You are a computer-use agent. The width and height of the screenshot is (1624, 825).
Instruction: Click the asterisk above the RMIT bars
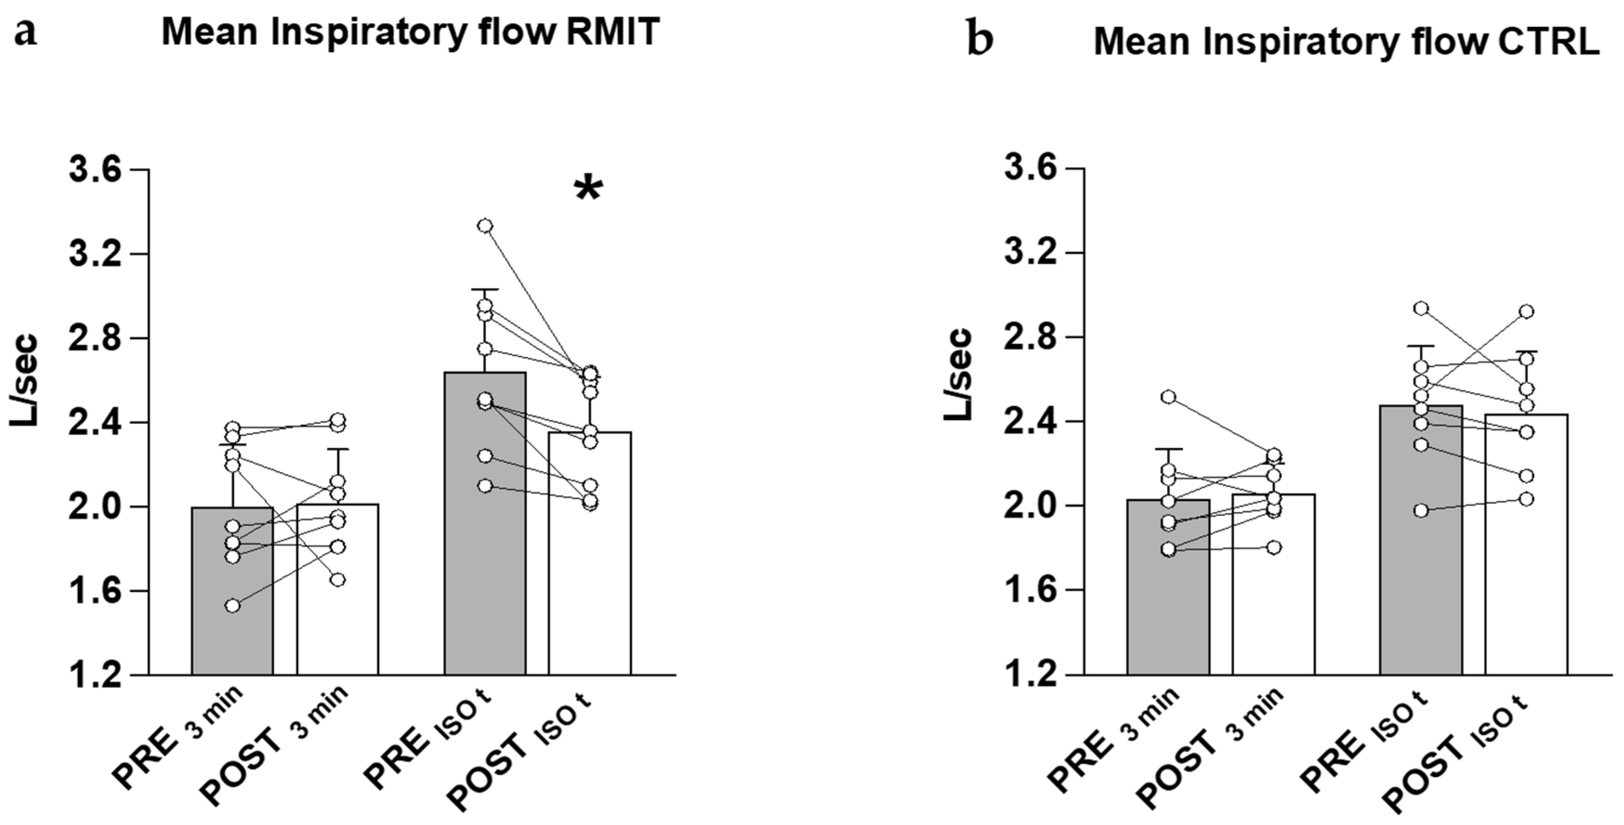[x=588, y=189]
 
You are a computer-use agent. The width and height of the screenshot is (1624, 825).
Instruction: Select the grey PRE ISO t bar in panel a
[x=485, y=536]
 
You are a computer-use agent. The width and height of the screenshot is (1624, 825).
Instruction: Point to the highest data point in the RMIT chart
[x=485, y=226]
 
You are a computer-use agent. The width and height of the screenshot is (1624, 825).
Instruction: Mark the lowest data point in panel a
[x=233, y=606]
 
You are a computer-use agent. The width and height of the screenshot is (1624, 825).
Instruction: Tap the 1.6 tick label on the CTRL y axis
[x=1030, y=590]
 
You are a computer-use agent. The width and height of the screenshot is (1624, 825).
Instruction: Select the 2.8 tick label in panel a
[x=95, y=339]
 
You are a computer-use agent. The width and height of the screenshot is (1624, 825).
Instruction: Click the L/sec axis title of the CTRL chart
[x=958, y=374]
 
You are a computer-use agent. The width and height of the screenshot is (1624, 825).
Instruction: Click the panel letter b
[x=980, y=40]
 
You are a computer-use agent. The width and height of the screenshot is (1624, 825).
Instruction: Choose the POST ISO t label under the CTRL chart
[x=1456, y=756]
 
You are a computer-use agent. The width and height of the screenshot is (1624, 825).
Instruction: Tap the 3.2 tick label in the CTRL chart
[x=1030, y=253]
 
